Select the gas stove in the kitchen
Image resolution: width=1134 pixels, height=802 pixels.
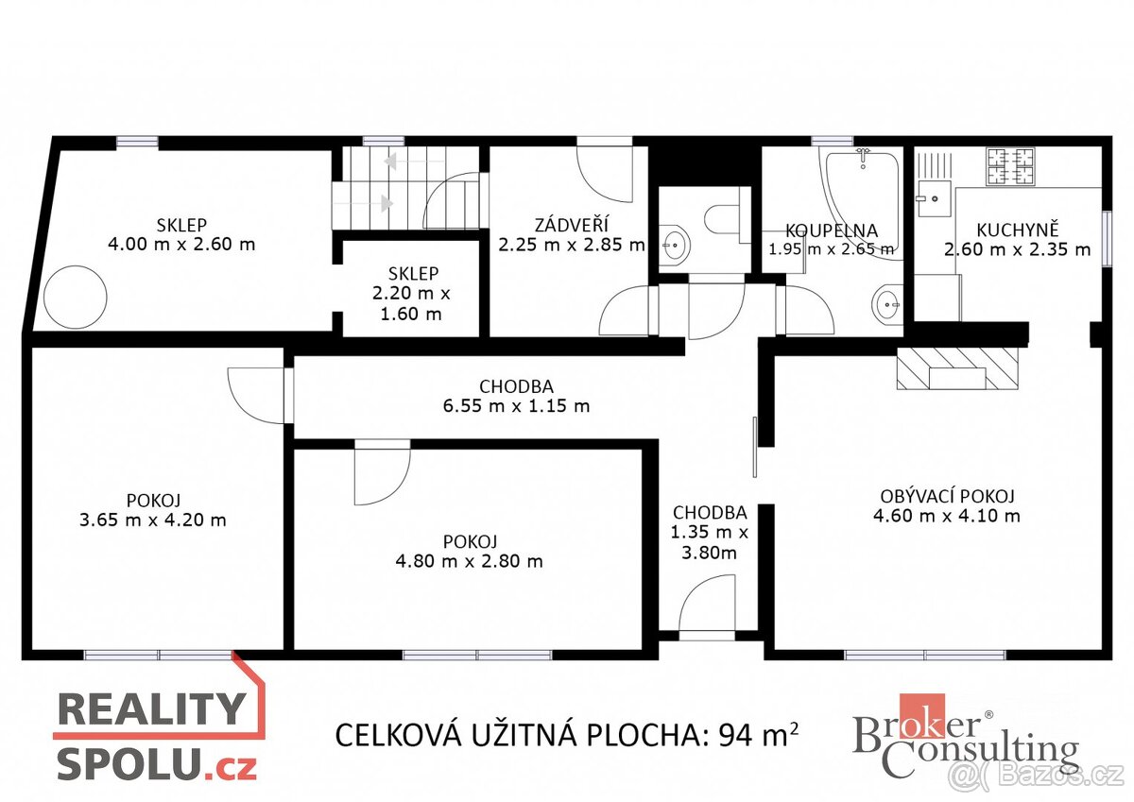pyautogui.click(x=1010, y=166)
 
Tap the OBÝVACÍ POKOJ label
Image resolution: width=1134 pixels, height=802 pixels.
pyautogui.click(x=948, y=496)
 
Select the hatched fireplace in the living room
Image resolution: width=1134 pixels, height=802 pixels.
pyautogui.click(x=958, y=367)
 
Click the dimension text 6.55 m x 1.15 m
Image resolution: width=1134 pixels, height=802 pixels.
pyautogui.click(x=516, y=406)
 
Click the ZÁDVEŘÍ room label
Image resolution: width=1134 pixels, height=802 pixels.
pyautogui.click(x=571, y=225)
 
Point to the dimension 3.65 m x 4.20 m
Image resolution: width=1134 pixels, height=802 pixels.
pyautogui.click(x=152, y=520)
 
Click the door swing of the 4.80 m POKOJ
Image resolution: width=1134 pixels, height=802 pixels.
pyautogui.click(x=380, y=474)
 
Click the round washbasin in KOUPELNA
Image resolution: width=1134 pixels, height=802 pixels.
pyautogui.click(x=886, y=303)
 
